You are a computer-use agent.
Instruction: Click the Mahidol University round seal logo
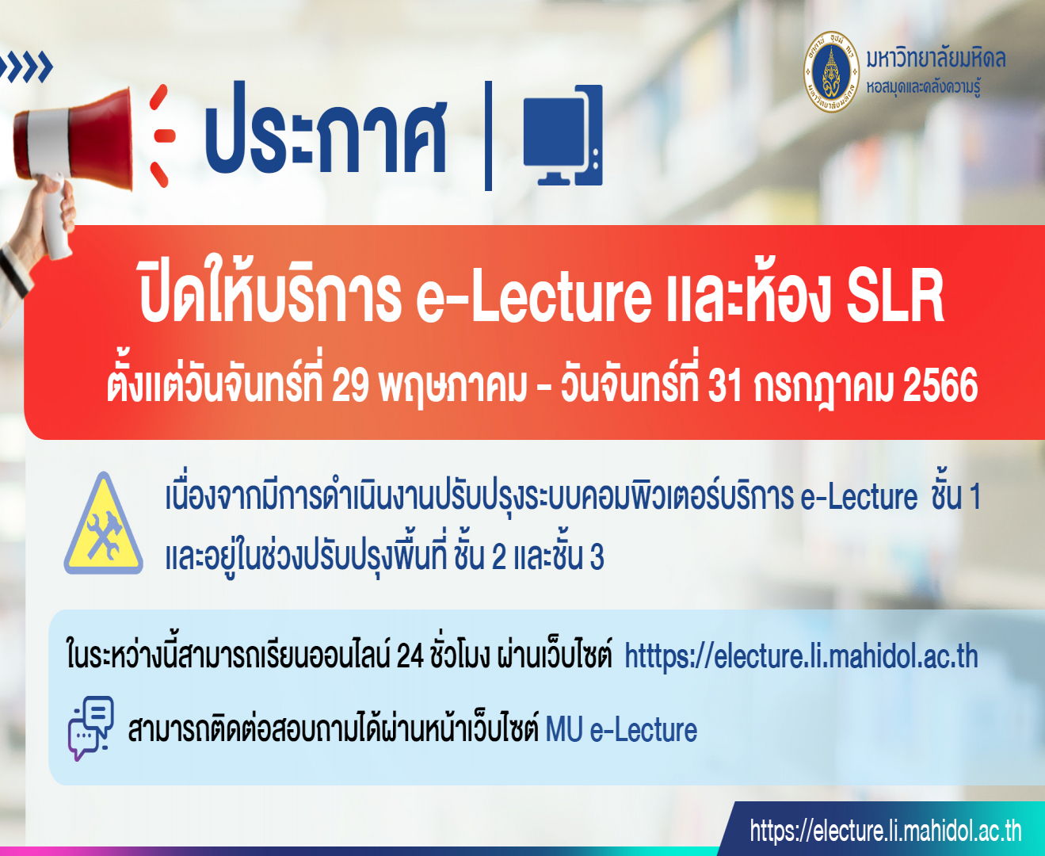click(x=830, y=72)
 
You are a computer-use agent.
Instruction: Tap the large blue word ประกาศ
click(x=326, y=129)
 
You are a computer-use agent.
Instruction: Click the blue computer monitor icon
click(x=563, y=136)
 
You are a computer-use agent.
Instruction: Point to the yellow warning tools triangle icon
click(x=104, y=525)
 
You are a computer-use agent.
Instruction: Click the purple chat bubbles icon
click(x=90, y=728)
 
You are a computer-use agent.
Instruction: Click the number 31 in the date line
click(x=725, y=386)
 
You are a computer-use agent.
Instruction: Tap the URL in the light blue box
click(x=801, y=657)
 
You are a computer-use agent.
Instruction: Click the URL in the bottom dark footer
click(x=885, y=831)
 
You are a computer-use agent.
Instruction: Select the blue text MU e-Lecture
click(x=621, y=730)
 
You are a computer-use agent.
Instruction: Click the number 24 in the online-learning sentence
click(x=410, y=657)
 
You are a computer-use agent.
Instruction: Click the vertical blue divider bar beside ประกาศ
click(x=488, y=136)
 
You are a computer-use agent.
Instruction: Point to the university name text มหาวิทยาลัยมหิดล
click(x=936, y=59)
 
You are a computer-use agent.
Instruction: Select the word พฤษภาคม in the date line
click(x=452, y=386)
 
